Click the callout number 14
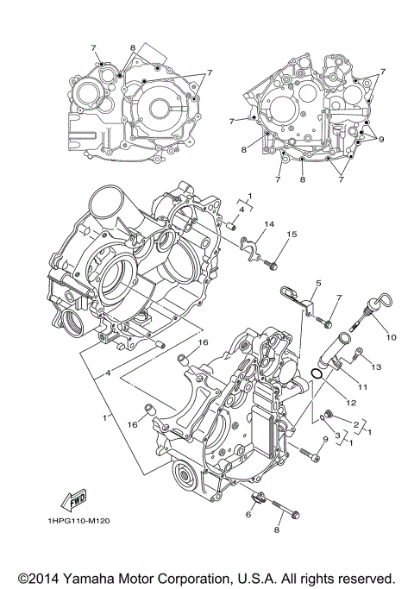pos(269,224)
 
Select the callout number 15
pos(292,234)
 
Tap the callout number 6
pos(248,514)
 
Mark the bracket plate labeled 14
pos(252,247)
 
